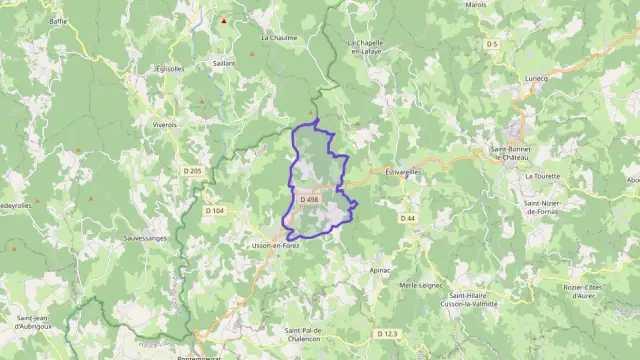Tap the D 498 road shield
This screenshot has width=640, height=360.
[x=309, y=200]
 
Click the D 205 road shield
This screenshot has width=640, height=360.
[x=193, y=171]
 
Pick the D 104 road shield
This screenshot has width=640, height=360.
[x=214, y=211]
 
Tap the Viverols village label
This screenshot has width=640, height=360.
[x=164, y=125]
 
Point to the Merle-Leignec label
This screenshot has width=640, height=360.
[x=421, y=285]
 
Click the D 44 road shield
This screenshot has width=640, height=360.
[x=407, y=218]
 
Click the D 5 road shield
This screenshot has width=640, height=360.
[x=492, y=44]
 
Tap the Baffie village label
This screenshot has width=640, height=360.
[x=57, y=20]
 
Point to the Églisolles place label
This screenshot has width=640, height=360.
[x=170, y=69]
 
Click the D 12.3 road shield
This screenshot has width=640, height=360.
[x=388, y=332]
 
